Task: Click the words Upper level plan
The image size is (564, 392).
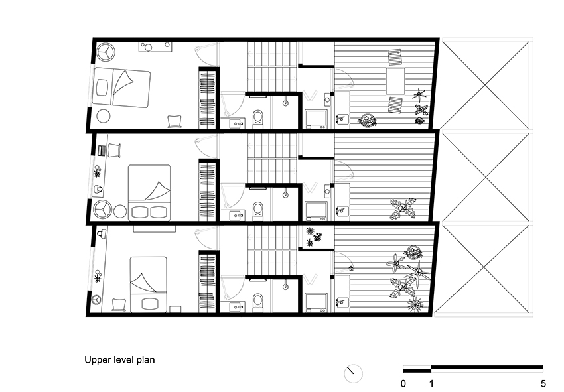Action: coord(119,361)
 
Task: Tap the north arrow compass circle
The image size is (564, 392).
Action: coord(353,373)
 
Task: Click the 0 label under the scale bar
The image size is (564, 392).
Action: coord(404,383)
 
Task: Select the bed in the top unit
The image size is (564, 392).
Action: coord(121,87)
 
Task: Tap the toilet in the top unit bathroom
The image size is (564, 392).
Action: coord(257,118)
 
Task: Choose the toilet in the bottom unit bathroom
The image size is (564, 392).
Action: coord(257,302)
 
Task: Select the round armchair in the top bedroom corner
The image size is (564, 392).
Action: coord(107,51)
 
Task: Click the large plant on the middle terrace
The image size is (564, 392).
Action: coord(403,208)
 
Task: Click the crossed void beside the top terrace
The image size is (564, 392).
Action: coord(486,84)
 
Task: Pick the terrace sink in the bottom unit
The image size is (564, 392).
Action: coord(342,304)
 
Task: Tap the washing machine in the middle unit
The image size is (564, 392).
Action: coord(315,210)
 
